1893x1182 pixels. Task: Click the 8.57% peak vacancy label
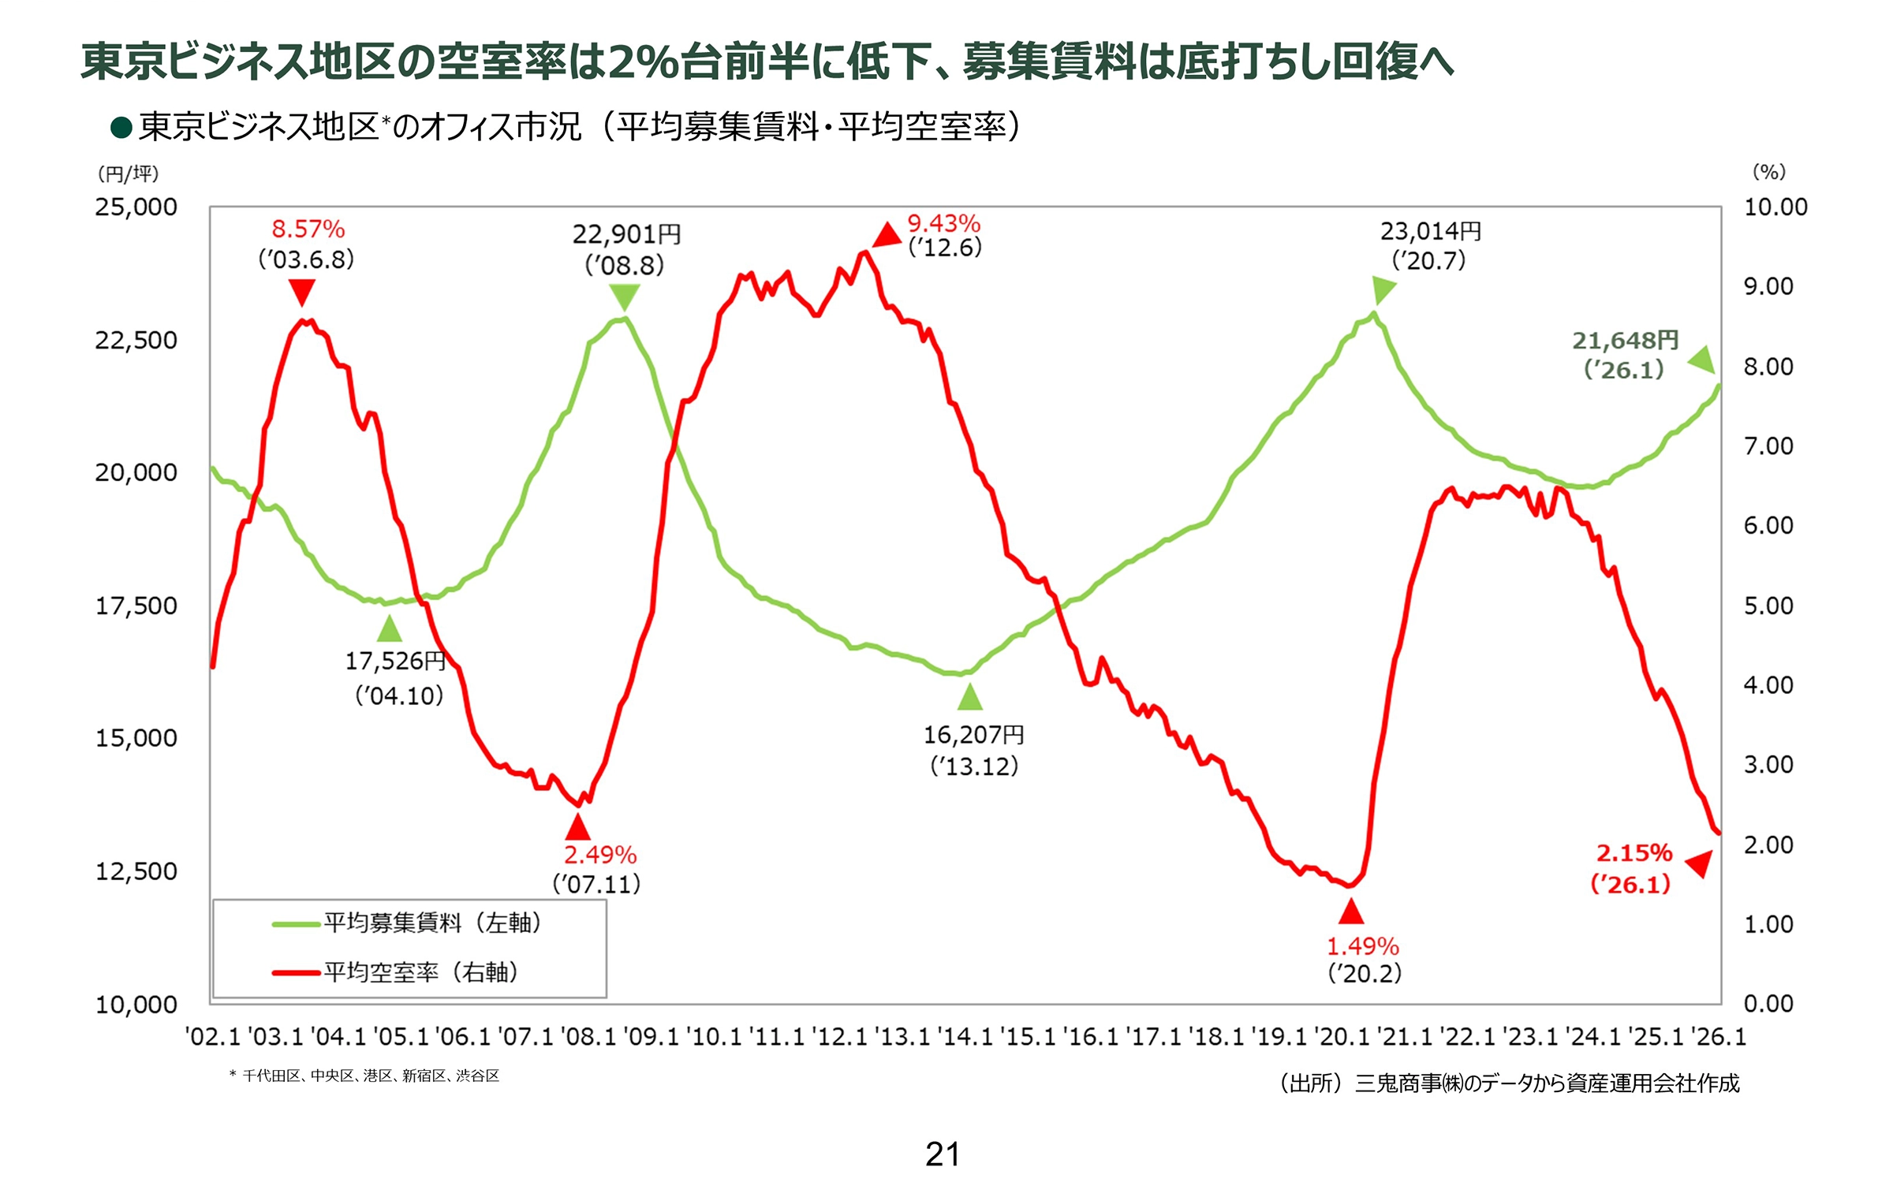[x=308, y=229]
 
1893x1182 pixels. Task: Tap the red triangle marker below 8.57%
[x=301, y=293]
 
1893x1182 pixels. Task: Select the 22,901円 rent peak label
[x=626, y=234]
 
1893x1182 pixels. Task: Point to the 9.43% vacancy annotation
[x=943, y=224]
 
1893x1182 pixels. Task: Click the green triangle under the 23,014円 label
[x=1383, y=289]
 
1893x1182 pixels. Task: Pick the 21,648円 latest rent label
[x=1625, y=341]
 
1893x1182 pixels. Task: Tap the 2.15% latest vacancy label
[x=1634, y=853]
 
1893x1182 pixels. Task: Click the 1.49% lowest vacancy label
[x=1362, y=946]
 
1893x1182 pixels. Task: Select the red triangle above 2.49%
[x=577, y=827]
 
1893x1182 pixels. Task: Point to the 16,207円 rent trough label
[x=974, y=735]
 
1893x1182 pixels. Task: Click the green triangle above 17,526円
[x=389, y=629]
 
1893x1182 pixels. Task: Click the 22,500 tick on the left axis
[x=136, y=341]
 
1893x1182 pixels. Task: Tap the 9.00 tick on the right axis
[x=1768, y=286]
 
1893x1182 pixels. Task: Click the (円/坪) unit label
[x=128, y=173]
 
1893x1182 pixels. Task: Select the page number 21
[x=943, y=1154]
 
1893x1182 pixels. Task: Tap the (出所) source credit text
[x=1509, y=1083]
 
